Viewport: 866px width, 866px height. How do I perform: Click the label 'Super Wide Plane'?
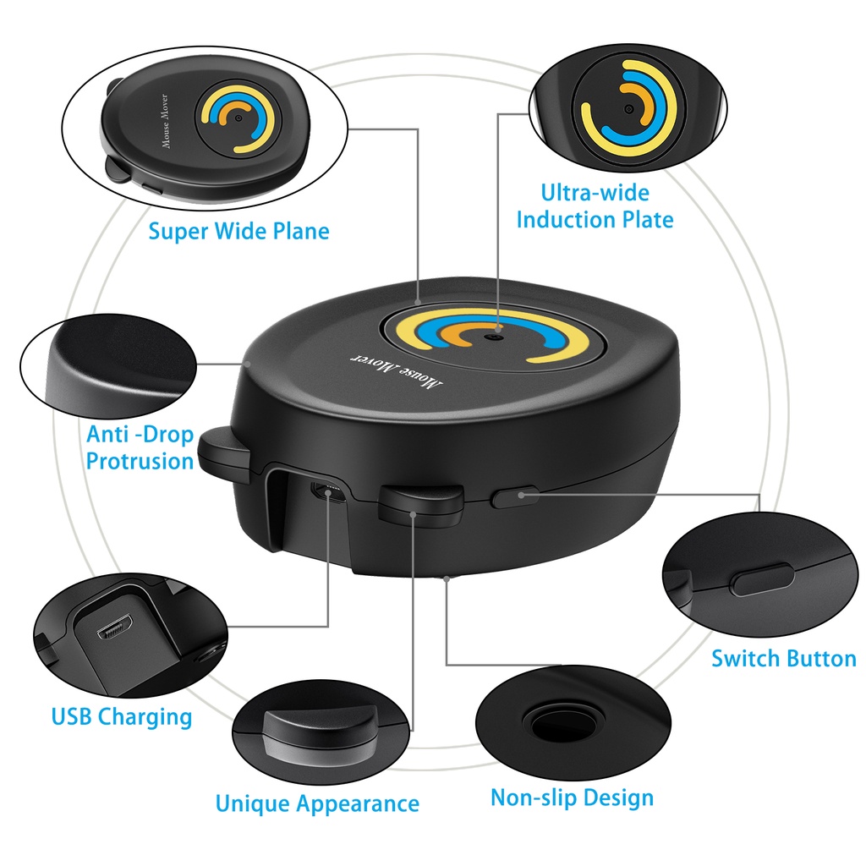(238, 230)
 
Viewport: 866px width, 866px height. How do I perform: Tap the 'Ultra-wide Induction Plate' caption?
(595, 206)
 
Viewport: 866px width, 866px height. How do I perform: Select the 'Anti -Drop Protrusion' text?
(140, 447)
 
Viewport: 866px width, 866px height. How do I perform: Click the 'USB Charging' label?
(122, 717)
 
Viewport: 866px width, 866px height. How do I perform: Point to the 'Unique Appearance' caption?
(317, 803)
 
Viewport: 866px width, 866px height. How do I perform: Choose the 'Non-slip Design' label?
(572, 797)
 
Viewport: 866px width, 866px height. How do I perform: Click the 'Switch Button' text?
(783, 658)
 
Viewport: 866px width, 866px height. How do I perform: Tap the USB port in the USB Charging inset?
(112, 632)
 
